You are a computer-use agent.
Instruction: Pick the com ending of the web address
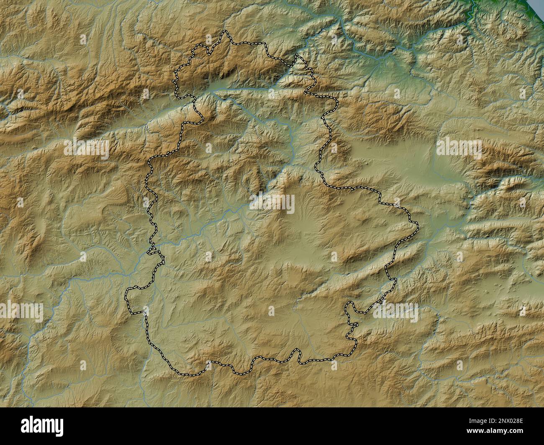516,433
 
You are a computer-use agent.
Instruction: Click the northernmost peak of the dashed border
225,32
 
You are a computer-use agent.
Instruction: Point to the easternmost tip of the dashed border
417,226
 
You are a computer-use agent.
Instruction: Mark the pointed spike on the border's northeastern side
298,56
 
